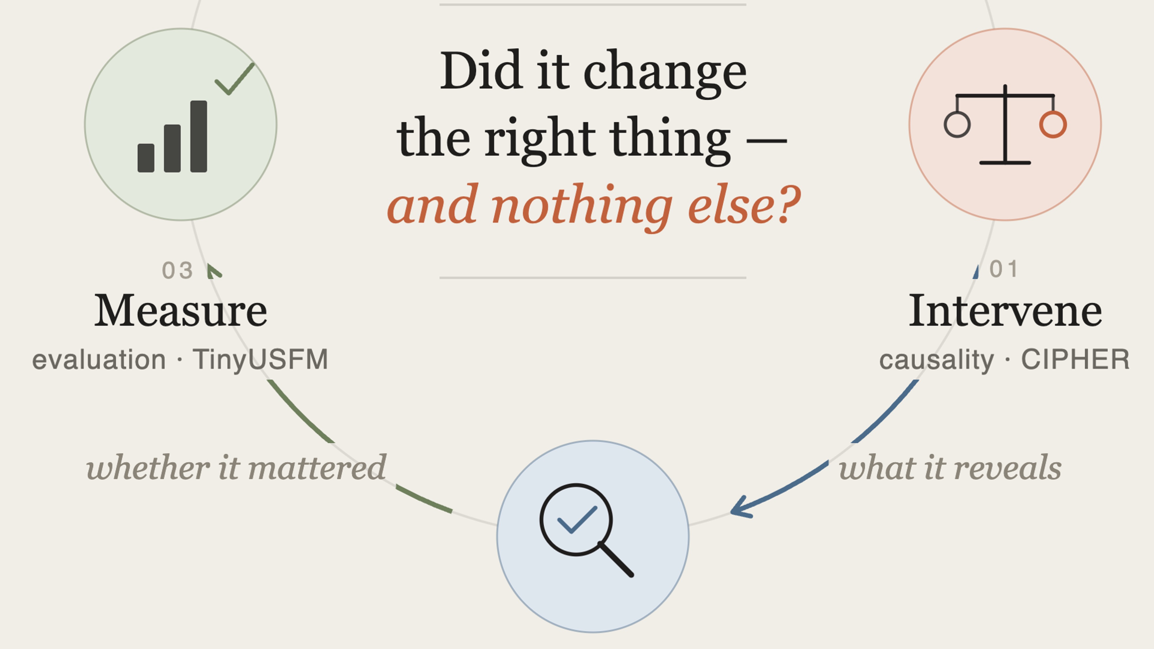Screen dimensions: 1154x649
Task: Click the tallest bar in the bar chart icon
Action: point(198,136)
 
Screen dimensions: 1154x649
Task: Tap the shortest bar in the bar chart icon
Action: point(146,158)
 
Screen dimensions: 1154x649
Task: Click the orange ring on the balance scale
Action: point(1053,125)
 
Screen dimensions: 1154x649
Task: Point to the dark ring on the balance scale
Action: point(957,125)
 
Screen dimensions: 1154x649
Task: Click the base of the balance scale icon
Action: point(1005,163)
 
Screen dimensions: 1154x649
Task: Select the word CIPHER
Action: point(1075,359)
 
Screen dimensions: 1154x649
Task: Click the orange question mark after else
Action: point(789,204)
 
